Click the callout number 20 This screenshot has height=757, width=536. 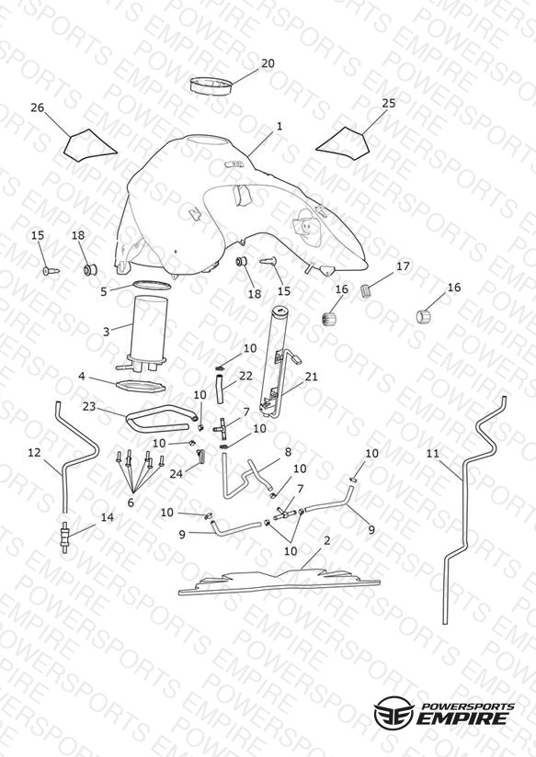(x=268, y=63)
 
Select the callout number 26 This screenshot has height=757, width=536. (x=37, y=107)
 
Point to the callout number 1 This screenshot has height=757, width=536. (x=279, y=126)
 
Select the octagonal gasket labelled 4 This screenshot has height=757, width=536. (x=142, y=387)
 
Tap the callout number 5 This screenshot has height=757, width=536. (x=103, y=291)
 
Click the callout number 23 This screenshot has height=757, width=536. (x=89, y=406)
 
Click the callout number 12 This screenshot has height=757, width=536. (x=34, y=452)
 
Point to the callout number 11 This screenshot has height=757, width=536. (x=433, y=453)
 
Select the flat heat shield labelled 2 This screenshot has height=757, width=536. (x=279, y=581)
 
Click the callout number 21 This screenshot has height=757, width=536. (x=312, y=376)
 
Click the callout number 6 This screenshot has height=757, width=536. (x=131, y=503)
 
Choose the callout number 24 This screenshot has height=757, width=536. (x=176, y=474)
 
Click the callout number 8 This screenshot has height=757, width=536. (x=288, y=452)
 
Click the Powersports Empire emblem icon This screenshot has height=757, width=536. (x=394, y=711)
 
